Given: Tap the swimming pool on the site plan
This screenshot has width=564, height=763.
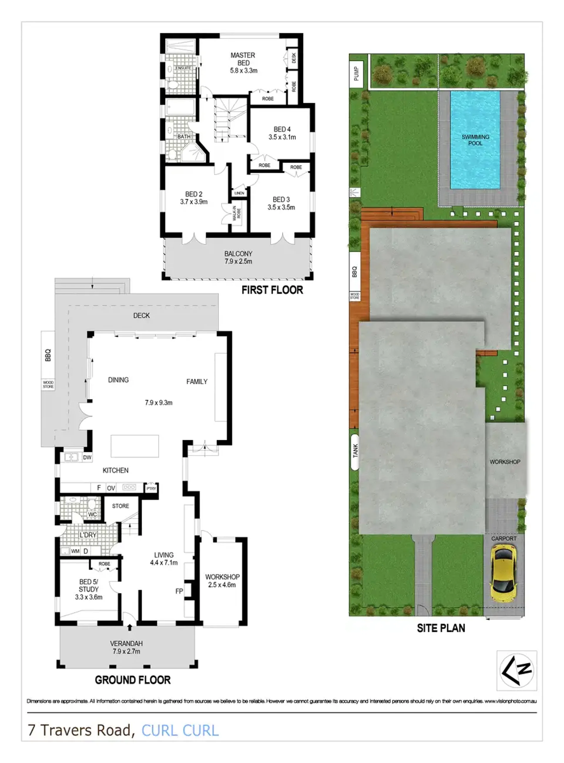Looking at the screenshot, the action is tap(475, 140).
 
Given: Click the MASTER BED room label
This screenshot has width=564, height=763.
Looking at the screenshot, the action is tap(243, 59).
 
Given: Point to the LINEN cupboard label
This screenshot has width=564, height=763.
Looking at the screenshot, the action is tap(239, 193).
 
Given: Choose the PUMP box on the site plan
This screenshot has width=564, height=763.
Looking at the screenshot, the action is tap(356, 73).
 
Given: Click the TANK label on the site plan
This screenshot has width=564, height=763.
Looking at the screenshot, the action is tap(355, 451).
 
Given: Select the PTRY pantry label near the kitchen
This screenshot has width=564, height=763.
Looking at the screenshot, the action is tap(151, 489).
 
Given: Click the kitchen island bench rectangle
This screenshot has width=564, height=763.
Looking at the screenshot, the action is tap(135, 446).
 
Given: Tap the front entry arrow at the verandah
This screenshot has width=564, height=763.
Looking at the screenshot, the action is tap(129, 628).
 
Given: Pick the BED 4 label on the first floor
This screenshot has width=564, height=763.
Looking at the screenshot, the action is tap(282, 129).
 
